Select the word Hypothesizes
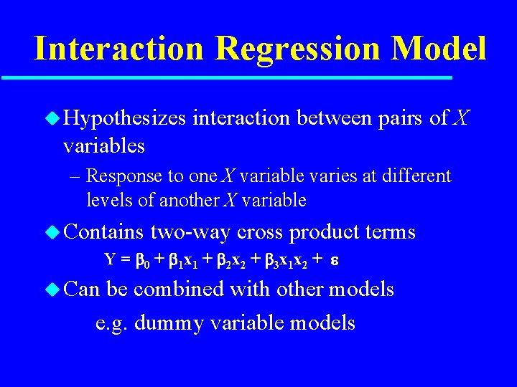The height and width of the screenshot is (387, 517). coord(124,119)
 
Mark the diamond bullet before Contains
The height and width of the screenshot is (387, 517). coord(53,232)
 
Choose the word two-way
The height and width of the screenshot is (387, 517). coord(190,232)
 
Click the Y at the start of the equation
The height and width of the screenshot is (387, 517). coord(110,260)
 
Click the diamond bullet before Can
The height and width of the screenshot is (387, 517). coord(53,290)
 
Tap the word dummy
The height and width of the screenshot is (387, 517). coord(163,323)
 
